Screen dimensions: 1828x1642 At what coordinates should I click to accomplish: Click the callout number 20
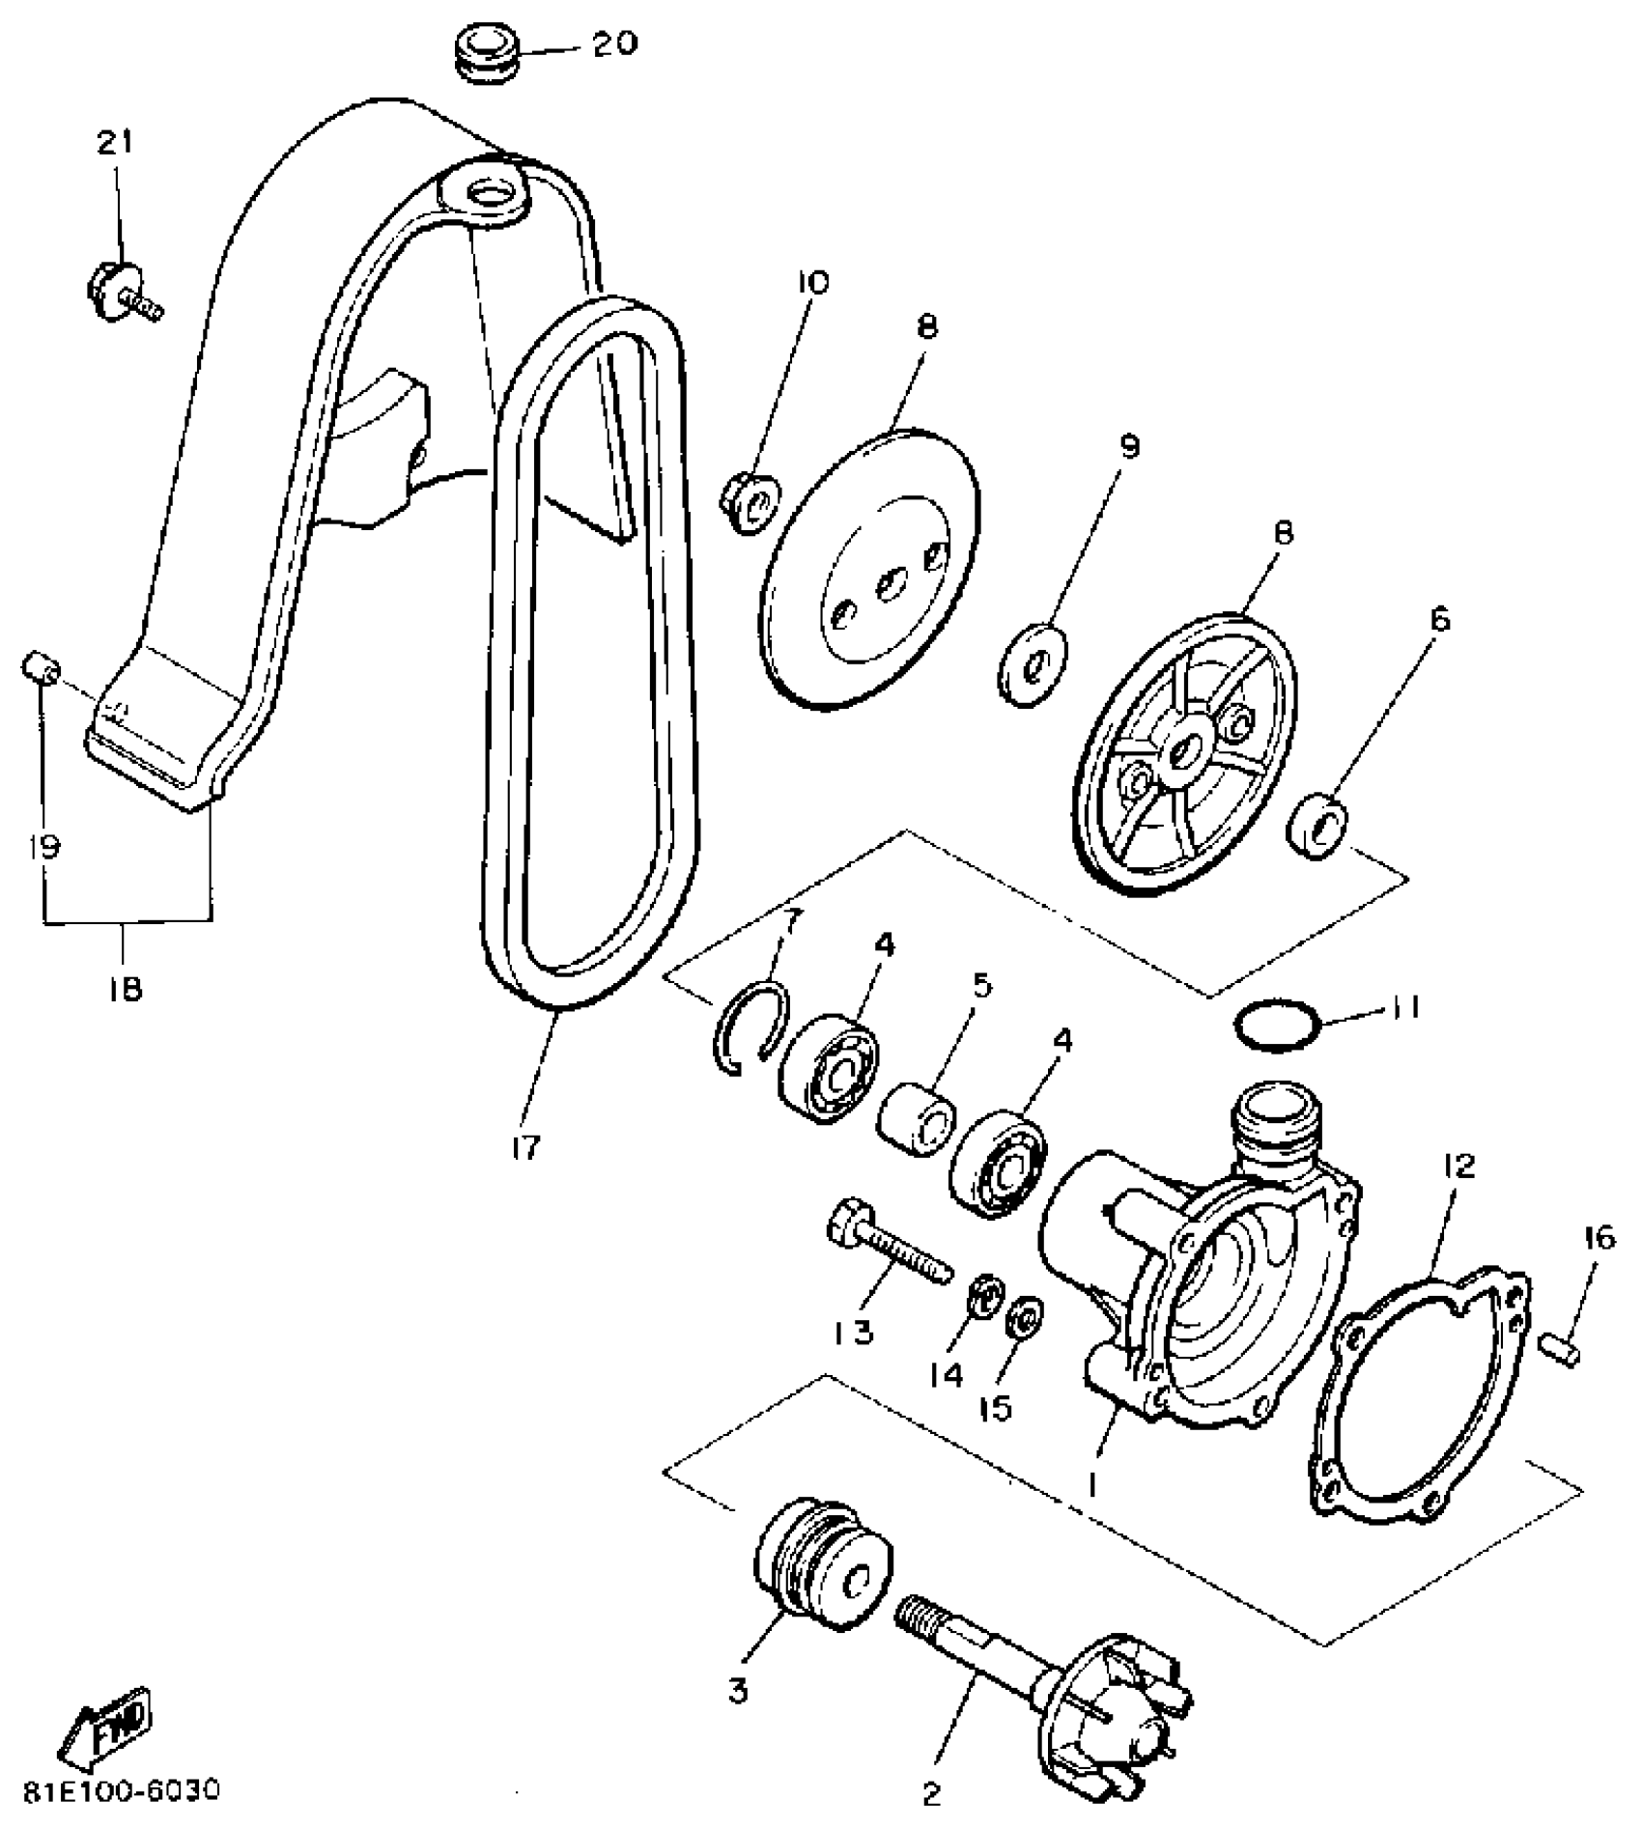pos(615,44)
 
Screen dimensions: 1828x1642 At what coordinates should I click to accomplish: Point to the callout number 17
pos(526,1147)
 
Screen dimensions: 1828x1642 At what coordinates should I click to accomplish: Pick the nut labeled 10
pos(746,500)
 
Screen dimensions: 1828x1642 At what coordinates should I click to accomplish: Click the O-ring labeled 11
pos(1277,1027)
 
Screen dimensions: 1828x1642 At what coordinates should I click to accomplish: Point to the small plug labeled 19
pos(42,666)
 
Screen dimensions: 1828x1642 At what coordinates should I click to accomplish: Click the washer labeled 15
pos(1023,1317)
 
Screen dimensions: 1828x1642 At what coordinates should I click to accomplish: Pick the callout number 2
pos(931,1794)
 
